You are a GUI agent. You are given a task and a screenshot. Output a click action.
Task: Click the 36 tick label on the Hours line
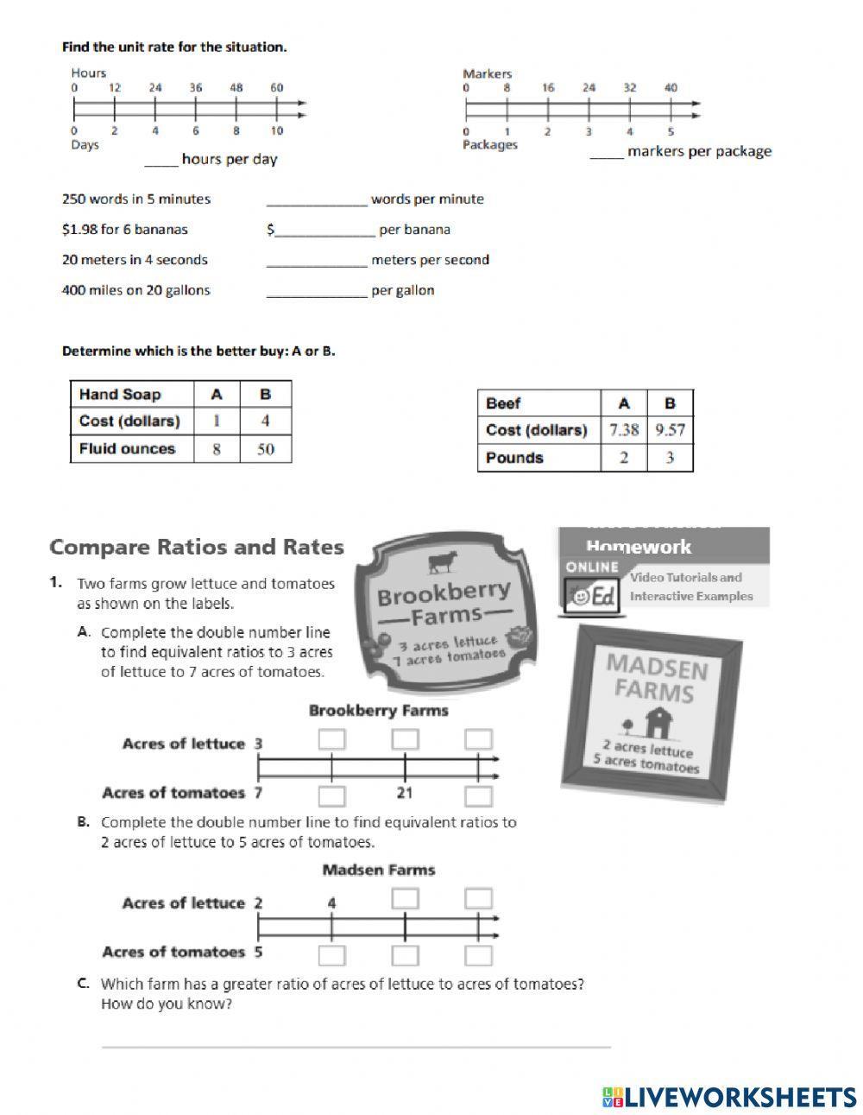(196, 87)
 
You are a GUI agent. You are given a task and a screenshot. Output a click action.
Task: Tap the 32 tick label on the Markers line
(630, 87)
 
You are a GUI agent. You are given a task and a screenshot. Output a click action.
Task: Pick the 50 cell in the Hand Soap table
(266, 449)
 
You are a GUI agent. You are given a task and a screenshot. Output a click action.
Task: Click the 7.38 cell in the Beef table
(624, 430)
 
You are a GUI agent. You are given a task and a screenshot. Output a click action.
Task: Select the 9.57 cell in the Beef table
(670, 430)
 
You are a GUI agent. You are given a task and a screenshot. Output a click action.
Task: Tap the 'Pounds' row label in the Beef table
(514, 458)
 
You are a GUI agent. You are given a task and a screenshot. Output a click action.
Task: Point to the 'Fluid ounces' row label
(127, 449)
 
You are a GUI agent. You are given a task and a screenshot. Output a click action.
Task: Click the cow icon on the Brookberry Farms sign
(443, 562)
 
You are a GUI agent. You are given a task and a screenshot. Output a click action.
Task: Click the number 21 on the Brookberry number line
(405, 793)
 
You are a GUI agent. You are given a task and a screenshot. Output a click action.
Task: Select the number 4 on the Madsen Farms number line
(331, 903)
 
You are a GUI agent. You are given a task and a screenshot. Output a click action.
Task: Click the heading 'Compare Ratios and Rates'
(197, 548)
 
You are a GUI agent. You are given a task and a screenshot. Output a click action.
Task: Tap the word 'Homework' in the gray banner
(639, 547)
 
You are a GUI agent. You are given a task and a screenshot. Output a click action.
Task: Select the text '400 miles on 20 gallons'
(136, 290)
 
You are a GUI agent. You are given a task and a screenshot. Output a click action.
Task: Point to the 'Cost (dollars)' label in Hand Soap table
(129, 421)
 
